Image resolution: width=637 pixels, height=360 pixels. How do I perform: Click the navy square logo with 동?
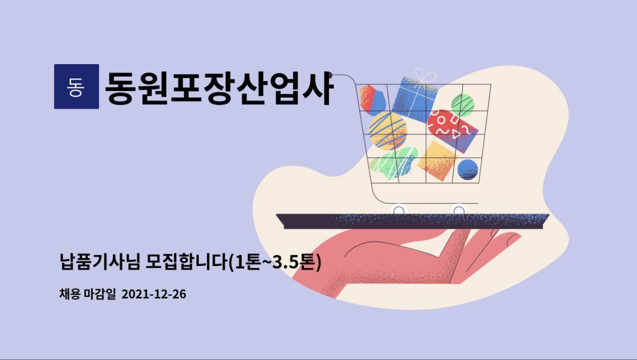(77, 86)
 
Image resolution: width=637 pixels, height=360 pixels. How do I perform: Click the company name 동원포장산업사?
(219, 88)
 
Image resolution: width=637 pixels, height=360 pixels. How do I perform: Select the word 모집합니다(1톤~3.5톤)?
(234, 262)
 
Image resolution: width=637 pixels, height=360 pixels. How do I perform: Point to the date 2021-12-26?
(154, 294)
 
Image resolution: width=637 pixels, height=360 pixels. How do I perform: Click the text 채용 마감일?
(88, 294)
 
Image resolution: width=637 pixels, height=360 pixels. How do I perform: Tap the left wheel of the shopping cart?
(398, 210)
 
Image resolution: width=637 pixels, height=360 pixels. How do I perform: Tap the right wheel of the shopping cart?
(459, 210)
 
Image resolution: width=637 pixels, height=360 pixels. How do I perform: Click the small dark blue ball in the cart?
(468, 170)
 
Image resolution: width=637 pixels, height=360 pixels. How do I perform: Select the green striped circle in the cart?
(463, 105)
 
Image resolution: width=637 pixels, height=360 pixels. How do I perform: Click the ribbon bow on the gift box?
(425, 76)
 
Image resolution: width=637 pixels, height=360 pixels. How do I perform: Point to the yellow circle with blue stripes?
(388, 131)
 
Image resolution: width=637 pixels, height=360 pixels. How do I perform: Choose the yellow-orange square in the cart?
(438, 161)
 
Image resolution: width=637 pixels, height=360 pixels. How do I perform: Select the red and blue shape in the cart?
(373, 100)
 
